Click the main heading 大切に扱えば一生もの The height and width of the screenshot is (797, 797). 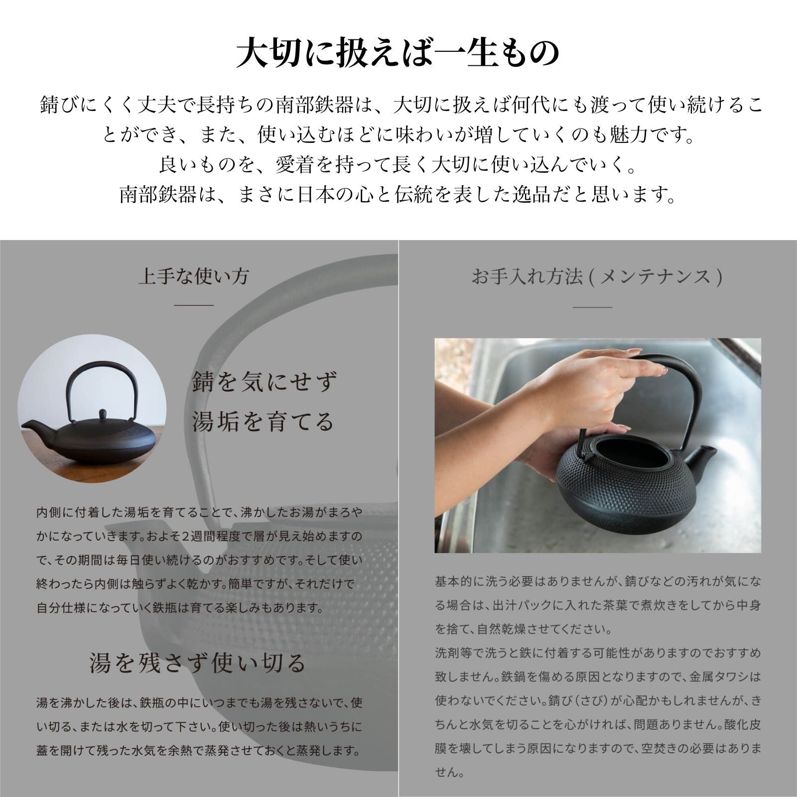coord(398,53)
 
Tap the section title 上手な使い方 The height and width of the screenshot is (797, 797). coord(194,276)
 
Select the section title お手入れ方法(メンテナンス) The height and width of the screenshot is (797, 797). coord(597,276)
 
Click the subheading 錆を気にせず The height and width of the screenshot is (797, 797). coord(264,383)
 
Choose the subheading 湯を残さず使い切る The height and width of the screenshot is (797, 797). coord(198,663)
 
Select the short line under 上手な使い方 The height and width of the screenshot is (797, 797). coord(194,305)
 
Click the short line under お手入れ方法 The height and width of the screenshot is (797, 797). coord(593,307)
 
